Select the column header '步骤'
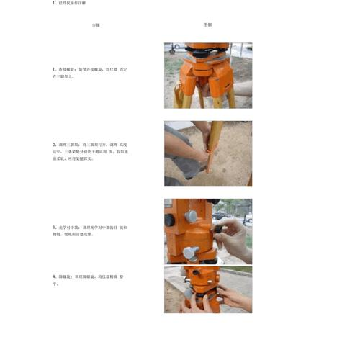point(96,25)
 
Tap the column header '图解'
point(207,25)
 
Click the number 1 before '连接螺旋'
point(54,70)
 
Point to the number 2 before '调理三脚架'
point(54,144)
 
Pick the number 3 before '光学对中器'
point(54,227)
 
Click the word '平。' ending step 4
point(57,284)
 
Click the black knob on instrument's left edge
point(168,220)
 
